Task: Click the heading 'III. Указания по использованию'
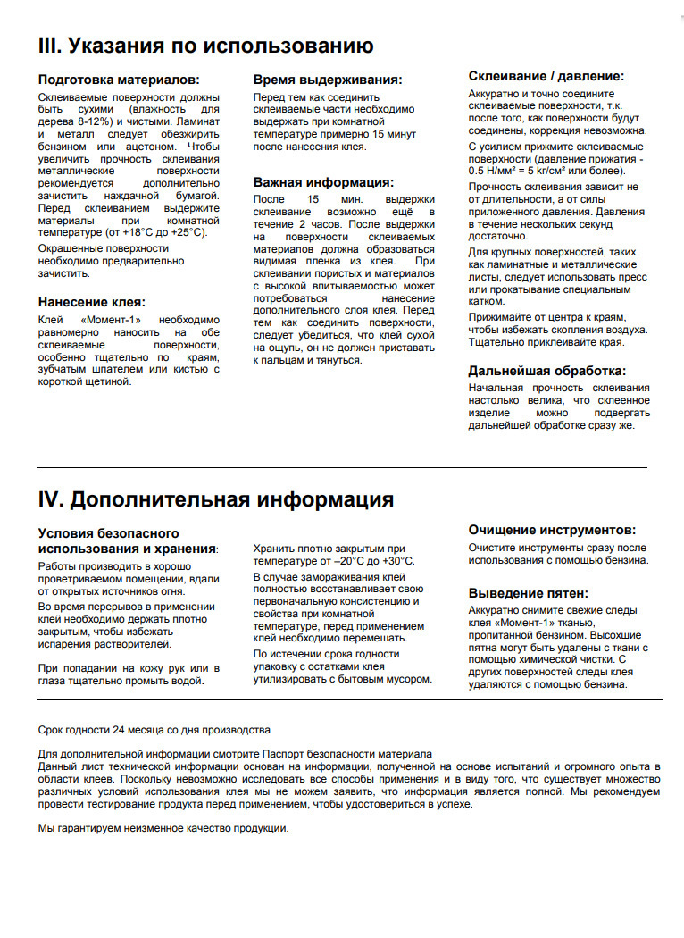click(x=205, y=45)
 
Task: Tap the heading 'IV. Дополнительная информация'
click(x=215, y=498)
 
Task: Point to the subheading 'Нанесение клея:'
click(x=91, y=301)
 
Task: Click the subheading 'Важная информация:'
click(x=323, y=181)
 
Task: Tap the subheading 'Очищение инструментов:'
click(x=553, y=529)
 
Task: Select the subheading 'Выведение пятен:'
click(x=529, y=592)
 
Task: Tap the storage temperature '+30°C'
click(x=397, y=560)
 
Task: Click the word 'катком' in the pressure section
click(x=487, y=301)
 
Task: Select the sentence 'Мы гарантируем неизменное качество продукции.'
click(x=163, y=828)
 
